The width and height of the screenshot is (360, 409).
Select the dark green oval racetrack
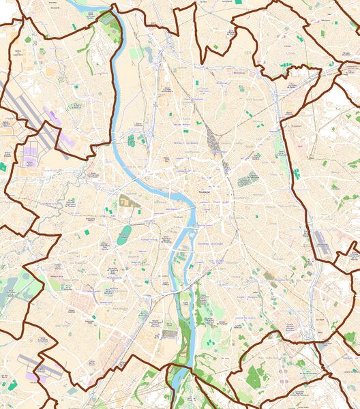click(x=123, y=236)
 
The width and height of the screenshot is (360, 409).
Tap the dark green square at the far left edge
click(x=3, y=166)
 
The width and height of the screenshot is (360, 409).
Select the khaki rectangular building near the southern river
click(x=169, y=334)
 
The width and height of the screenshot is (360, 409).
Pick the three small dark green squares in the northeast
click(x=287, y=65)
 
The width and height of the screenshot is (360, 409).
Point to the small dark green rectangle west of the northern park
click(x=74, y=27)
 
